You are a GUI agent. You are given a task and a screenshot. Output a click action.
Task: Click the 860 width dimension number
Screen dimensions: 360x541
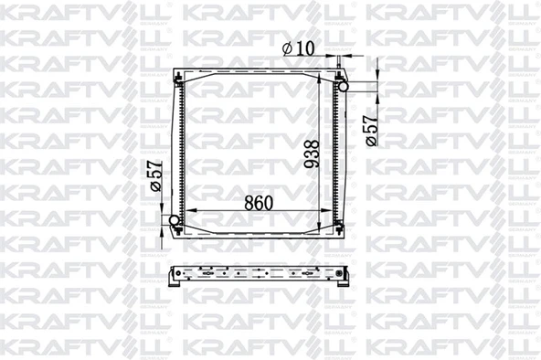tap(260, 203)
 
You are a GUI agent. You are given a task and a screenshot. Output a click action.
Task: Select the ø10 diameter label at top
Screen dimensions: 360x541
tap(298, 47)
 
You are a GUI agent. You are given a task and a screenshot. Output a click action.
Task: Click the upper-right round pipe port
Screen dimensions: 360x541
tap(345, 84)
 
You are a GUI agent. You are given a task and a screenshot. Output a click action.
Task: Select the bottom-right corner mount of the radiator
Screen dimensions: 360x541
tap(340, 230)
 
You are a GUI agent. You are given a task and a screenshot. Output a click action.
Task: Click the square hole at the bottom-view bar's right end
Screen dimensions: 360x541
tap(340, 273)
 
